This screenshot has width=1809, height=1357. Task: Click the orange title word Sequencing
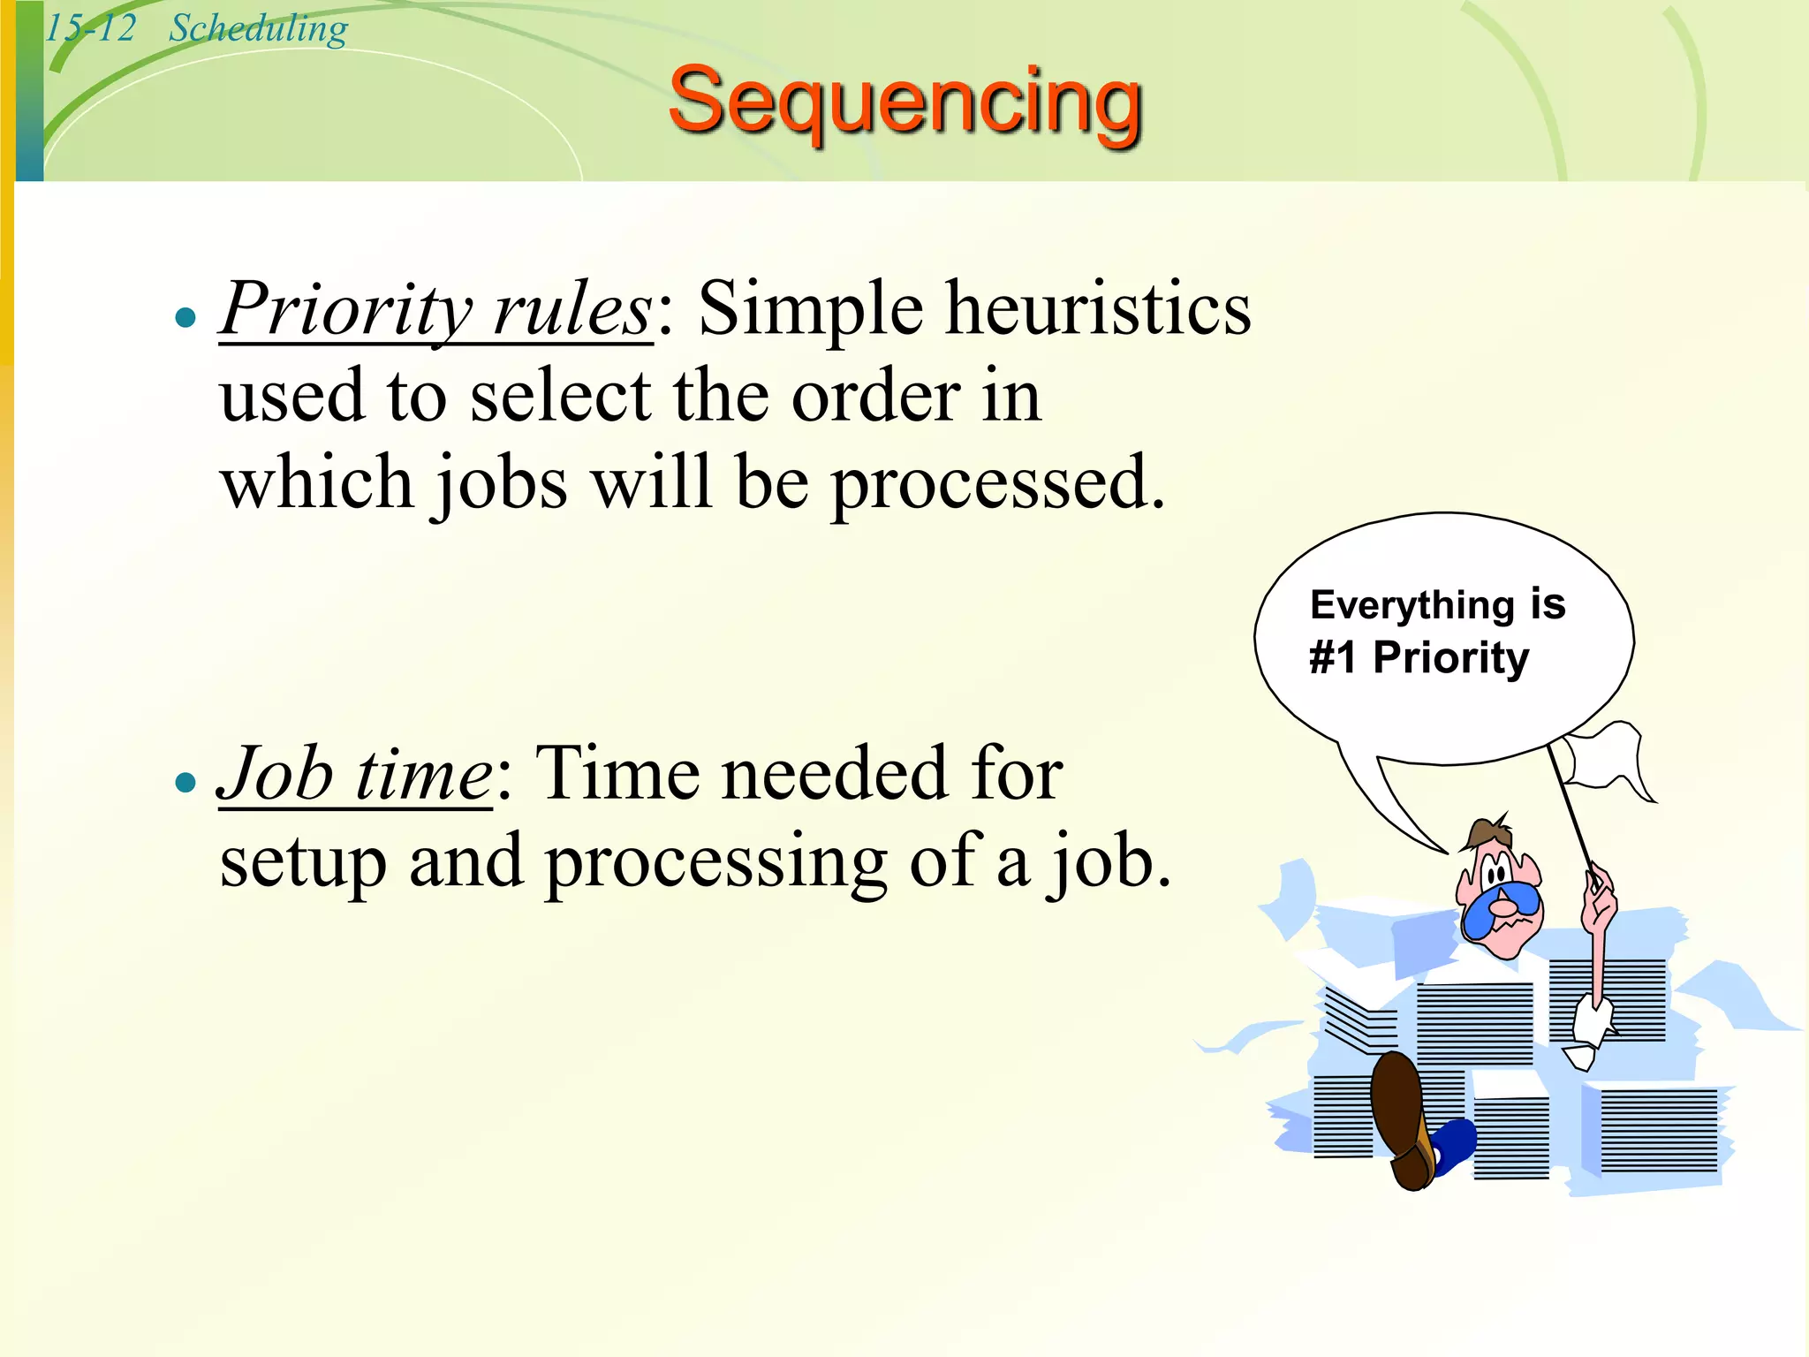(904, 104)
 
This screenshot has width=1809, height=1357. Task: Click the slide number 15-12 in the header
(90, 28)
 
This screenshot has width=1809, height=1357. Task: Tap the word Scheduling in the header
(258, 28)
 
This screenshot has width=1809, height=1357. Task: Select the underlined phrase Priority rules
(436, 309)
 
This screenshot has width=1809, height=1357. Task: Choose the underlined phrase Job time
(356, 774)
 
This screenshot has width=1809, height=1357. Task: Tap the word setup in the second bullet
(303, 862)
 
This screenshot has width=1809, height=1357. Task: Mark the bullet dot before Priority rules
(185, 318)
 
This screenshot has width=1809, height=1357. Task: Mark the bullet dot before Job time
(185, 783)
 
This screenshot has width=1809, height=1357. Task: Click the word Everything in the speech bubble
(1412, 606)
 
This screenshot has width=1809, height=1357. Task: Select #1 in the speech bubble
(1332, 658)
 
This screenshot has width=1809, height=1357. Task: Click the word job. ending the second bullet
(1109, 862)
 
